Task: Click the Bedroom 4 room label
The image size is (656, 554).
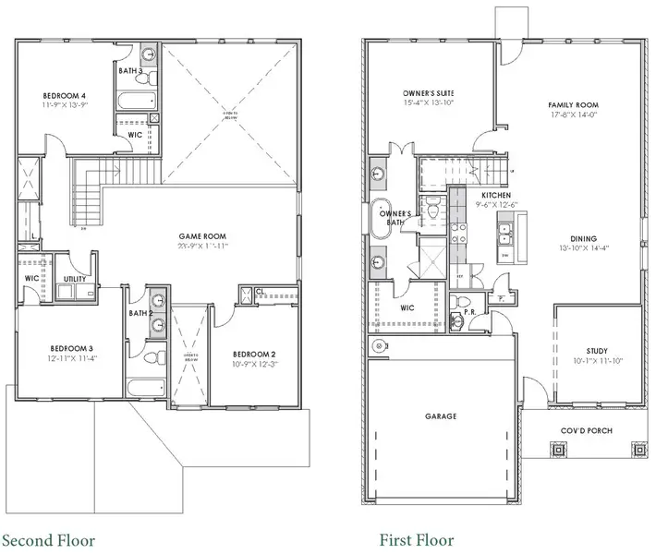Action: click(64, 95)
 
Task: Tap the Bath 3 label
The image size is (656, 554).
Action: click(130, 70)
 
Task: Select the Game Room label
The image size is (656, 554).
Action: click(203, 236)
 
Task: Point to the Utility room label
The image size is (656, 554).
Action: click(75, 279)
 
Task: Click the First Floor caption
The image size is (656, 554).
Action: click(417, 539)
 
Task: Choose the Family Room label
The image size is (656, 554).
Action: click(573, 105)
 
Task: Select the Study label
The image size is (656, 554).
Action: click(597, 351)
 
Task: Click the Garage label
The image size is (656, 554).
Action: click(441, 416)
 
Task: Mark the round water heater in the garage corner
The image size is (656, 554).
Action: click(378, 346)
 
